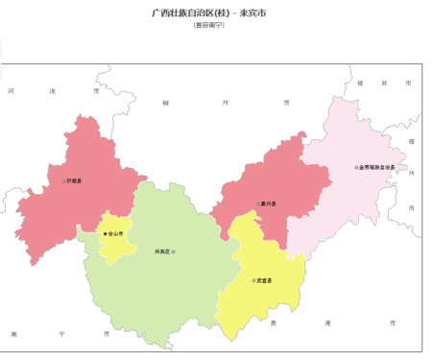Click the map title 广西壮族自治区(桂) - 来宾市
point(215,13)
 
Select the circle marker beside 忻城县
point(62,180)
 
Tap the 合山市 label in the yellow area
point(116,233)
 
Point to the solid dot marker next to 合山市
point(104,233)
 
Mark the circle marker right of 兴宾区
point(174,252)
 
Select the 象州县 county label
point(272,204)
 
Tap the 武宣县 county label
point(265,280)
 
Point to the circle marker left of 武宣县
point(253,280)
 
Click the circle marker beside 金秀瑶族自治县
point(355,167)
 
